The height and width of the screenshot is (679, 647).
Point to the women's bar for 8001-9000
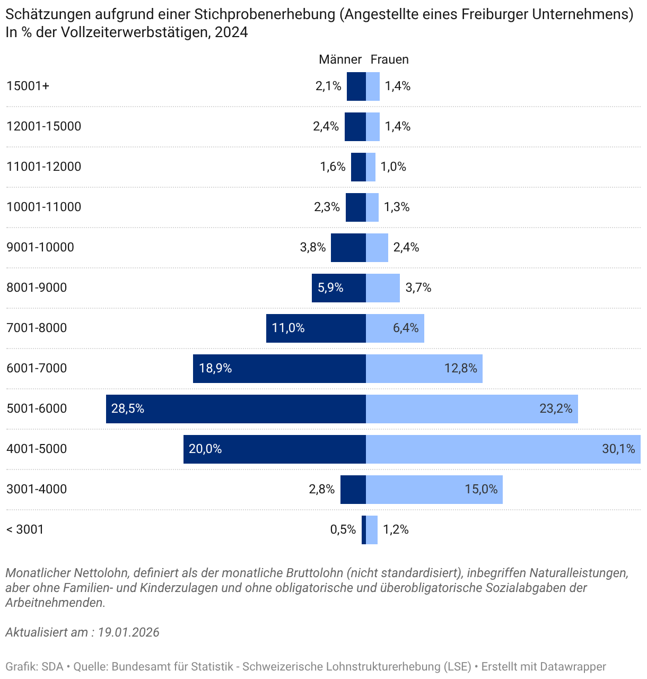(x=382, y=288)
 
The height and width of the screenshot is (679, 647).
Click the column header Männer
(x=340, y=59)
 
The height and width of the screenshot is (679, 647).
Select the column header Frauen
(x=389, y=59)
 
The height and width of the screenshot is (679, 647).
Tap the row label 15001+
(x=28, y=86)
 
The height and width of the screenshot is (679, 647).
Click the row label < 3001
(x=25, y=529)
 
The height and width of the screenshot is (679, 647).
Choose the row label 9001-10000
(x=40, y=247)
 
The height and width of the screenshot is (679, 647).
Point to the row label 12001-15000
(x=43, y=126)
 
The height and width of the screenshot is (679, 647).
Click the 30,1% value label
(x=618, y=449)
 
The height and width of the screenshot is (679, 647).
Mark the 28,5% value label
(x=128, y=408)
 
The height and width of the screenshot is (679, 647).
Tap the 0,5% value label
(x=343, y=529)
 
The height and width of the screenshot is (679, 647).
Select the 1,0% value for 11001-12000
(x=394, y=167)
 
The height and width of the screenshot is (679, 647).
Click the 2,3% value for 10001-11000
(x=327, y=207)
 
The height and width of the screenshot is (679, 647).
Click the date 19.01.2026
(x=128, y=632)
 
